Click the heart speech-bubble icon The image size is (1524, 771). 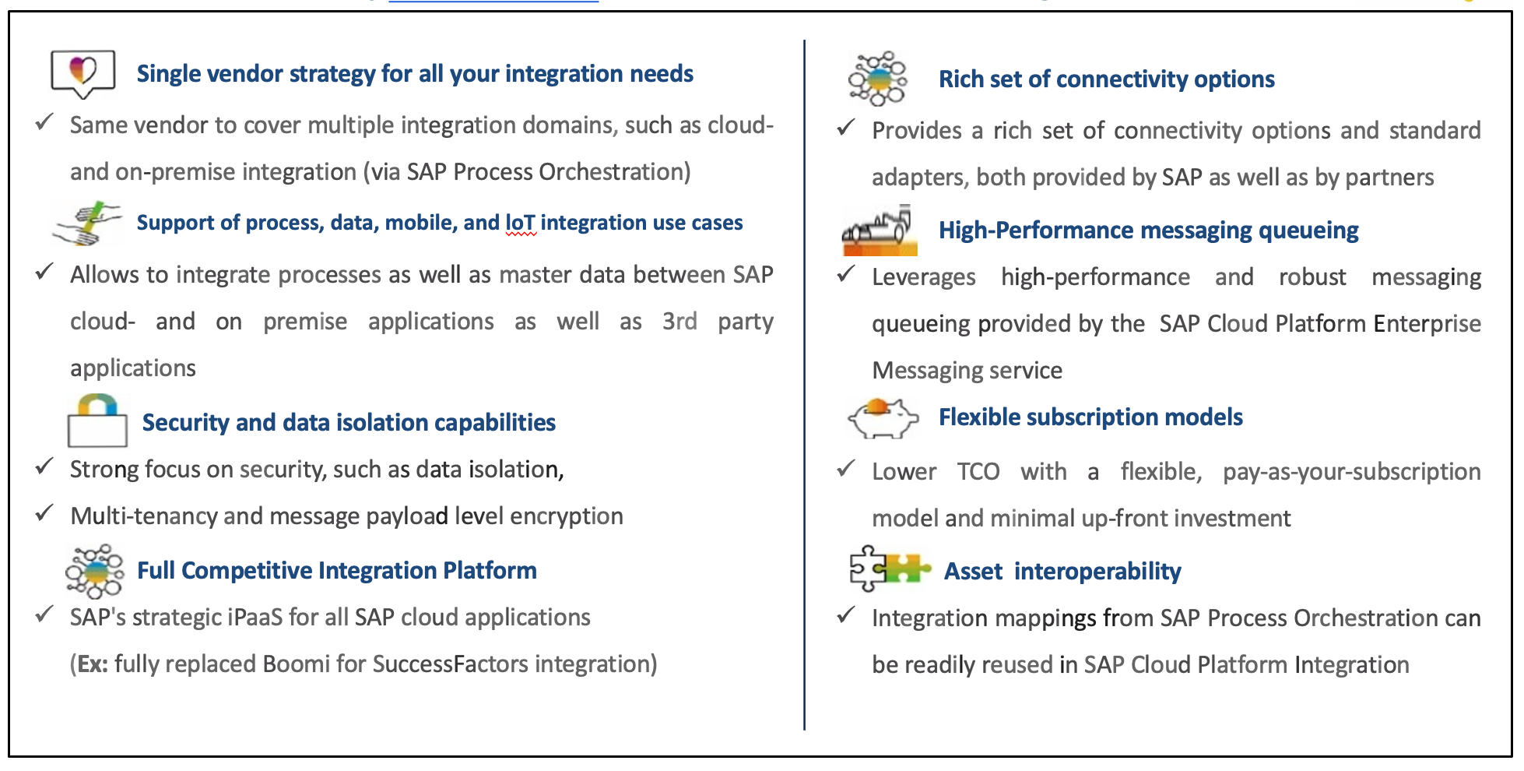coord(83,73)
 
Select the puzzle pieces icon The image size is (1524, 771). coord(888,569)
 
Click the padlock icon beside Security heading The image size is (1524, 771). coord(97,421)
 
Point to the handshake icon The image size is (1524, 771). coord(87,224)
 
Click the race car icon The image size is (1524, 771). coord(880,231)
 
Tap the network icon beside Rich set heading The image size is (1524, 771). coord(878,79)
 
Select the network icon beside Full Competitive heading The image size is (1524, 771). coord(95,571)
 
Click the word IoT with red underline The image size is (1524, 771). coord(520,223)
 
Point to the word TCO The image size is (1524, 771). coord(978,472)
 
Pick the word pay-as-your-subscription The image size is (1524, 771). coord(1351,472)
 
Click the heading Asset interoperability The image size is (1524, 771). coord(1062,572)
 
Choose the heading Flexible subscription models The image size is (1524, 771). coord(1090,417)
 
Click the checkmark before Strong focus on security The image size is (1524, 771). coord(44,467)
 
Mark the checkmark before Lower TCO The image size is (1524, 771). coord(846,469)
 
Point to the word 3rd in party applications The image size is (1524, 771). coord(679,322)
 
